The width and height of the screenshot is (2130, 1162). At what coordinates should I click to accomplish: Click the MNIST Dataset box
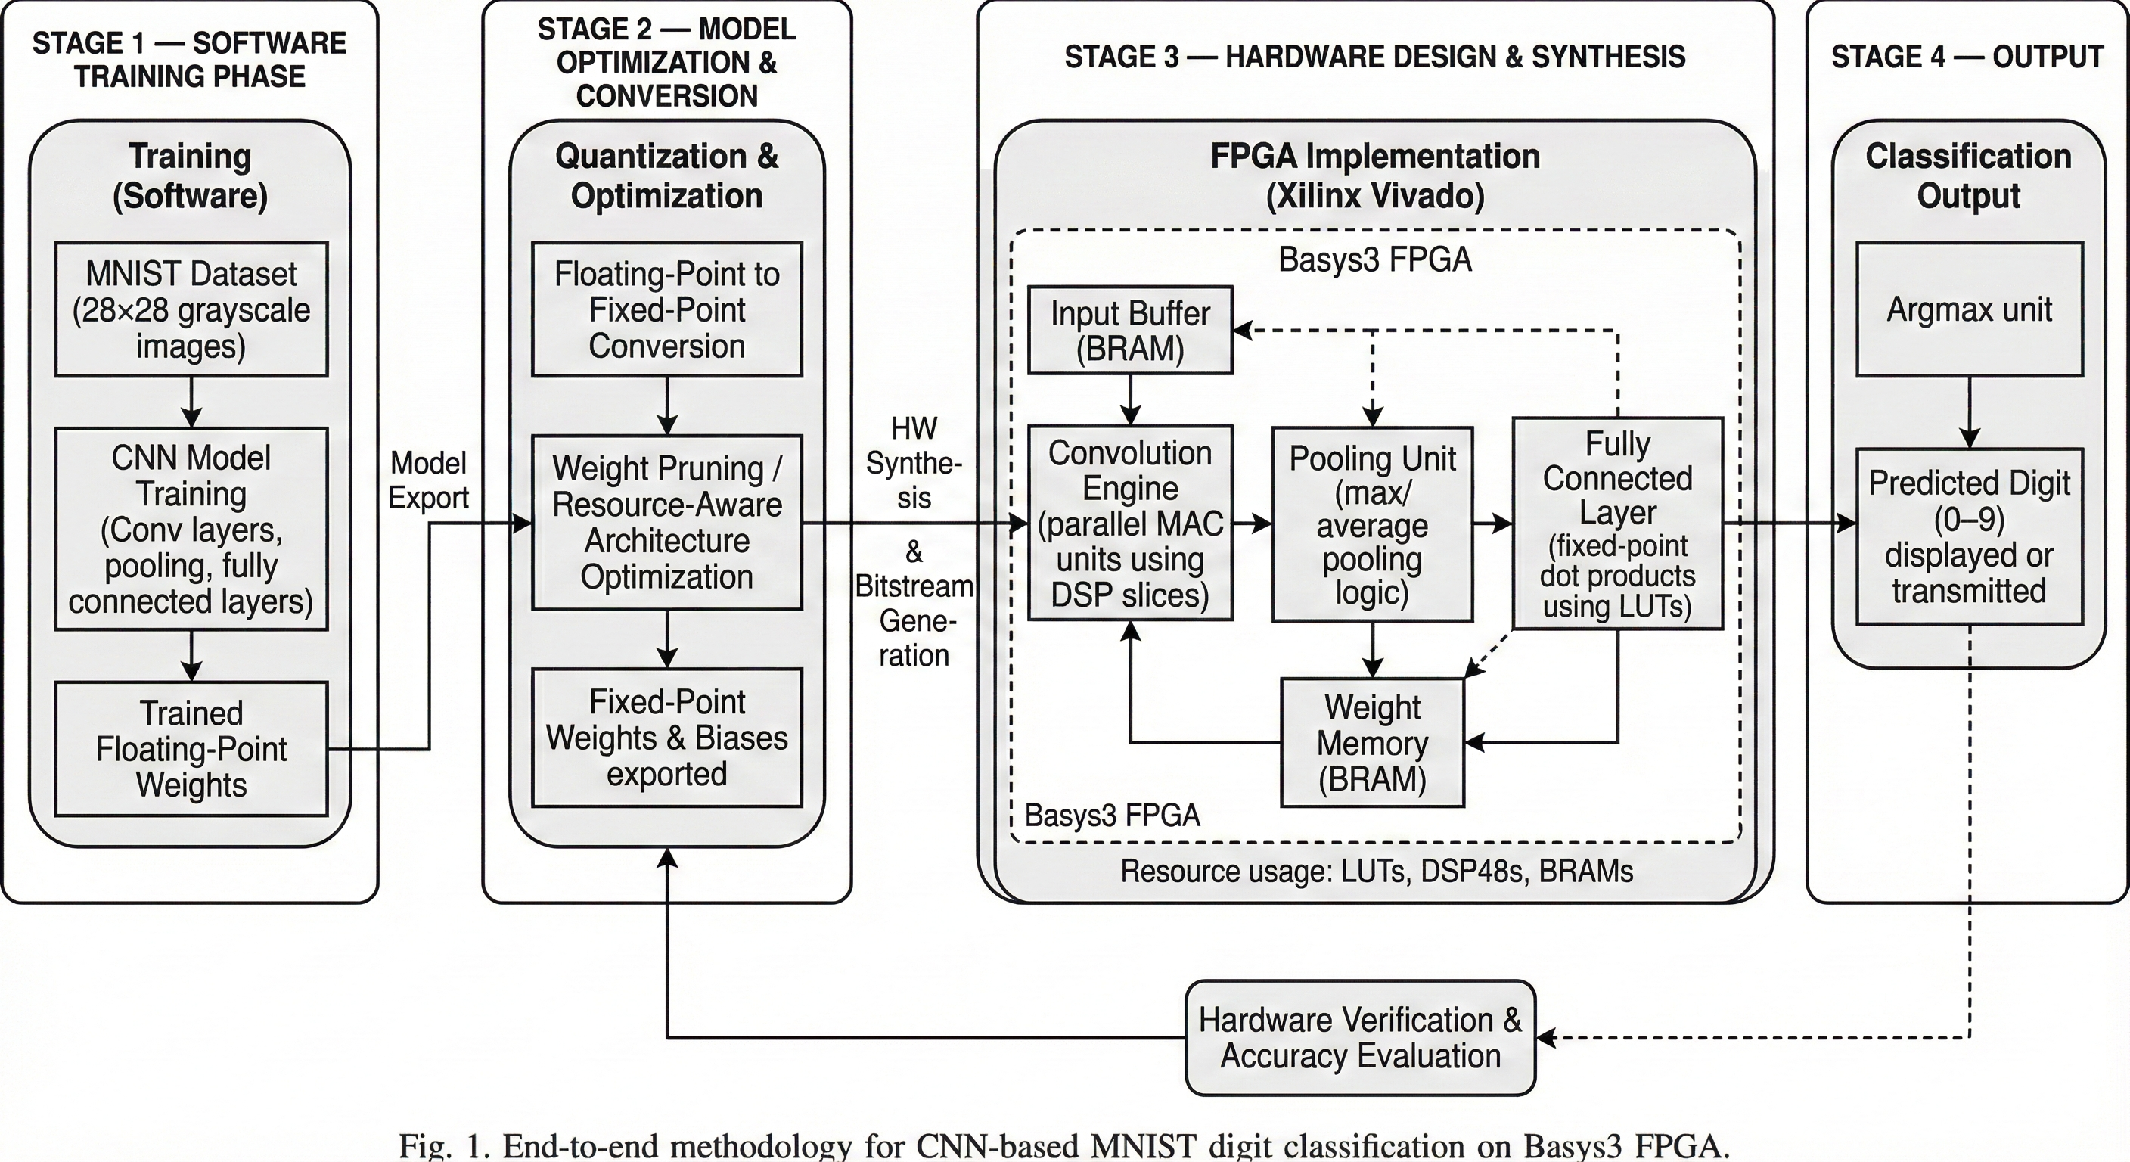click(191, 309)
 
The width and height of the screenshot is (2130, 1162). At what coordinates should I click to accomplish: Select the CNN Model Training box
click(191, 530)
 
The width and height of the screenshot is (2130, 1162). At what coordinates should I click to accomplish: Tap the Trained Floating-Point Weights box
click(191, 748)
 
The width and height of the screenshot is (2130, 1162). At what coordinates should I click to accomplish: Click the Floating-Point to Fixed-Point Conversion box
click(666, 309)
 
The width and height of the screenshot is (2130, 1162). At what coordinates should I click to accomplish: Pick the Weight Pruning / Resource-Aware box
click(666, 523)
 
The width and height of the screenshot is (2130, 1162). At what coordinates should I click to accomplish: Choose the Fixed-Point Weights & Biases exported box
click(666, 738)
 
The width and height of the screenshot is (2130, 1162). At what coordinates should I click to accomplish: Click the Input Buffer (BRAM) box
click(1130, 330)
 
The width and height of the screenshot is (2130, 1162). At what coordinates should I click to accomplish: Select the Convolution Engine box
click(1130, 523)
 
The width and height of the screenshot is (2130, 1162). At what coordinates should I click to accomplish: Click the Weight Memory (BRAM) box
click(1373, 743)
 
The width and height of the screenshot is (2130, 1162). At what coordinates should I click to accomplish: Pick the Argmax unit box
click(1969, 309)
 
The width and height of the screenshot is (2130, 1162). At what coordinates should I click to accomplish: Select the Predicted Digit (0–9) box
click(1969, 536)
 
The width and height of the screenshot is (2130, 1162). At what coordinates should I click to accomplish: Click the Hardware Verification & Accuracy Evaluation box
click(1360, 1038)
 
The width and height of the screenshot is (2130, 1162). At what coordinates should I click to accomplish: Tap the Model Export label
click(428, 480)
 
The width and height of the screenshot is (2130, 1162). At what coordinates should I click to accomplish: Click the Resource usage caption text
click(1377, 871)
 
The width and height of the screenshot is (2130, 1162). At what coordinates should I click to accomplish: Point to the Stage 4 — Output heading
click(1967, 56)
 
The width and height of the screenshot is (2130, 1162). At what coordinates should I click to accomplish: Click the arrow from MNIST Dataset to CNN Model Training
click(191, 402)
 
